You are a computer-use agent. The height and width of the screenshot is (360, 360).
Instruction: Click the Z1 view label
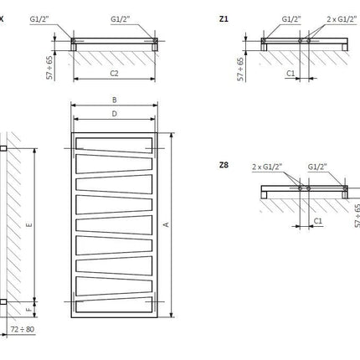(224, 19)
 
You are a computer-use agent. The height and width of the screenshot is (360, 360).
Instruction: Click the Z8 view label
(224, 165)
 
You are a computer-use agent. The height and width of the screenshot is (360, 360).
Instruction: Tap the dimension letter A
(167, 224)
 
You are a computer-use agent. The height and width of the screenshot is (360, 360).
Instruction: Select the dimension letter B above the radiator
(115, 100)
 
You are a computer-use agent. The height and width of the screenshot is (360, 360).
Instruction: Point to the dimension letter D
(115, 114)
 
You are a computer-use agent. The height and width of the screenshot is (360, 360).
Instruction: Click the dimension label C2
(114, 74)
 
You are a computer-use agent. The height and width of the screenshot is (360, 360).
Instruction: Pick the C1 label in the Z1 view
(291, 73)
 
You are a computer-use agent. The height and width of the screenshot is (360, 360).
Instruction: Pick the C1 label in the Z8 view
(318, 221)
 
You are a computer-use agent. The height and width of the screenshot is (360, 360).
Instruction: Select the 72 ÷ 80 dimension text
(23, 329)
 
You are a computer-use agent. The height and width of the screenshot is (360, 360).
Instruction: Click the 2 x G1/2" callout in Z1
(342, 19)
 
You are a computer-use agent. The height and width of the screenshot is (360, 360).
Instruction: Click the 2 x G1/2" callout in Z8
(267, 167)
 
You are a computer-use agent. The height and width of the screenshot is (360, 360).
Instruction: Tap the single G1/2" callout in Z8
(317, 167)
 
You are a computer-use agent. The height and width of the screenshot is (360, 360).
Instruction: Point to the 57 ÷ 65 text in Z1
(240, 69)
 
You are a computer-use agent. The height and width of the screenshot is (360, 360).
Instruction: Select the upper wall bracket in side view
(3, 148)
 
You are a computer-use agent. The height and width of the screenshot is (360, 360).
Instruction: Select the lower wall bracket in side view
(3, 301)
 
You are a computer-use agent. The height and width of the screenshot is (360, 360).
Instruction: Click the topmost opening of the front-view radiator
(114, 145)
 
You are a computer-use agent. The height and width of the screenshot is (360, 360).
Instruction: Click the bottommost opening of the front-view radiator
(114, 305)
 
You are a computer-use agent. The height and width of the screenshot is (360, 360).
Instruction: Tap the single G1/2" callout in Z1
(291, 19)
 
